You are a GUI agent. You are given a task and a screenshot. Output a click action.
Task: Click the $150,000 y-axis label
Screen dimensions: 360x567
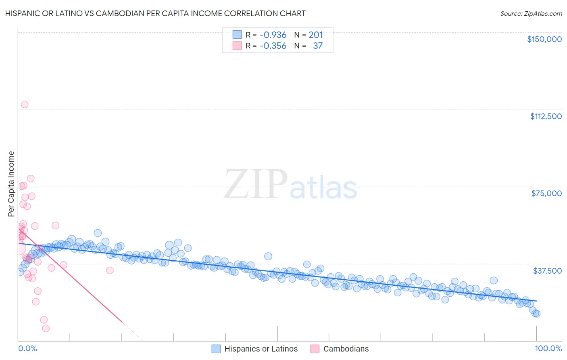click(x=544, y=39)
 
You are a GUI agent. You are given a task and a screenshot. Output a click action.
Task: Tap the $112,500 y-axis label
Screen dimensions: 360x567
click(x=546, y=116)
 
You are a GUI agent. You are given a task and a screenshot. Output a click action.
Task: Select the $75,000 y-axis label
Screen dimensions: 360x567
click(x=546, y=193)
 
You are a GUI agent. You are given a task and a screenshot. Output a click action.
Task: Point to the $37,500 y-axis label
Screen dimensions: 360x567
click(x=547, y=271)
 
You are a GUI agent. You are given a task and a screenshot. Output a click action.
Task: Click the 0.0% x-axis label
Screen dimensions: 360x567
click(x=27, y=348)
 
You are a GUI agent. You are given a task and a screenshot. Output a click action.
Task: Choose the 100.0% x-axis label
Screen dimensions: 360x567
click(x=548, y=348)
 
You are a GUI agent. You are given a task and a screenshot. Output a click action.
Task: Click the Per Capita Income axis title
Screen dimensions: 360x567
click(x=11, y=184)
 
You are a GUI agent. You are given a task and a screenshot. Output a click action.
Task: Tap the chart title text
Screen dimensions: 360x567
click(x=155, y=13)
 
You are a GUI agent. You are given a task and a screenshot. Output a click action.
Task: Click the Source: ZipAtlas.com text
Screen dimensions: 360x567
click(x=531, y=14)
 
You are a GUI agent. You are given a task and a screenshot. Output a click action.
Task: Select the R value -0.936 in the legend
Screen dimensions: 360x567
click(x=273, y=35)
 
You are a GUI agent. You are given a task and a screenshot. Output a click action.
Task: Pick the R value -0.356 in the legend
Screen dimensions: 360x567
click(x=273, y=46)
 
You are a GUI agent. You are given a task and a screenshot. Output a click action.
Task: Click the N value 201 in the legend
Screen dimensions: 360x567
click(x=316, y=35)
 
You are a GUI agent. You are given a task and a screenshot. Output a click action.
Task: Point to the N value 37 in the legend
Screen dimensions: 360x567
click(x=318, y=46)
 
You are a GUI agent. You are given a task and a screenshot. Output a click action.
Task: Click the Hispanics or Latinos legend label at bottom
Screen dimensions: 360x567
click(x=261, y=349)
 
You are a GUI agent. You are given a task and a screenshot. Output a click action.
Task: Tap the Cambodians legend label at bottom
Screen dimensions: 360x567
click(x=346, y=349)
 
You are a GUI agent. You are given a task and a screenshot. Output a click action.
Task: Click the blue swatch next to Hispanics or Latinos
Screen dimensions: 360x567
click(x=216, y=349)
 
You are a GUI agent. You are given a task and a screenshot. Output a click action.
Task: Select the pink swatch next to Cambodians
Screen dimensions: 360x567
click(x=315, y=349)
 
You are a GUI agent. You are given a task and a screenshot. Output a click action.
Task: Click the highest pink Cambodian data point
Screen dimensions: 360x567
click(x=25, y=105)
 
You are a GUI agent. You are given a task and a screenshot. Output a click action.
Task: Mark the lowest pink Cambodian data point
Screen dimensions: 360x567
click(x=46, y=329)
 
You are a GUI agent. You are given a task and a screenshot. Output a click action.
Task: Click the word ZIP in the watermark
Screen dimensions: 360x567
click(x=255, y=185)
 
